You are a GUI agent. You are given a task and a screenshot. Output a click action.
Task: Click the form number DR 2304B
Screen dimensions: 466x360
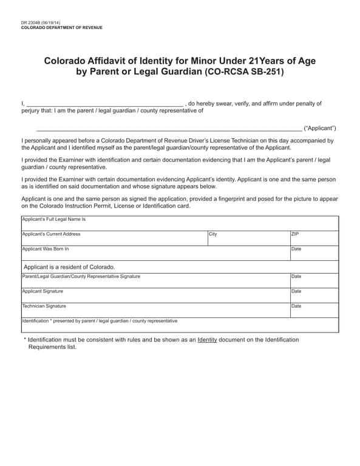coord(31,23)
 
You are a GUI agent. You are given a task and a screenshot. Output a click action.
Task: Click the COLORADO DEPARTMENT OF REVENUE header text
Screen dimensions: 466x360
coord(61,28)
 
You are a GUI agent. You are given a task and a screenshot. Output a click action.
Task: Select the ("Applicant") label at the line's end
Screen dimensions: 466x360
coord(319,129)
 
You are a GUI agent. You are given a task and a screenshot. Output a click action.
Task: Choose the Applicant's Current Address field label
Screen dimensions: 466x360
coord(51,234)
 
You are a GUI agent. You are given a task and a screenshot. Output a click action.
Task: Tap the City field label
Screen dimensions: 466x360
coord(212,234)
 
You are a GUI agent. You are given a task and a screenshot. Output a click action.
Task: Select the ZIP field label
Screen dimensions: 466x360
coord(295,234)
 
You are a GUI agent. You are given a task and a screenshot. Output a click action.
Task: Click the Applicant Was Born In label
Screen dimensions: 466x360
coord(46,249)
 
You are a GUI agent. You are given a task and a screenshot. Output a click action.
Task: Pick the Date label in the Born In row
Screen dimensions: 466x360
coord(296,249)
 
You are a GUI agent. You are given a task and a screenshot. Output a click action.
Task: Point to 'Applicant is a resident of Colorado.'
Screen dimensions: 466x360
coord(69,267)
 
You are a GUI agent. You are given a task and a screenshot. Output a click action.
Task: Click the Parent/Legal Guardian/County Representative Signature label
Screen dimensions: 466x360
coord(81,276)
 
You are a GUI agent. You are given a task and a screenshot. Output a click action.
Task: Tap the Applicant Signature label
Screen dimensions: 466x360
coord(42,291)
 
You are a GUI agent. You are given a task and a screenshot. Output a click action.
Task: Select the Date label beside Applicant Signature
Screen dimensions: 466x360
coord(296,291)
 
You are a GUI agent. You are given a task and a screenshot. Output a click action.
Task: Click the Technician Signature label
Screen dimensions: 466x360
coord(44,306)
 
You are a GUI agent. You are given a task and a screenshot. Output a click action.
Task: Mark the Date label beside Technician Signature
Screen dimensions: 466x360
coord(296,306)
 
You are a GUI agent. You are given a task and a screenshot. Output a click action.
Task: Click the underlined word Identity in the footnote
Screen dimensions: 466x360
coord(207,340)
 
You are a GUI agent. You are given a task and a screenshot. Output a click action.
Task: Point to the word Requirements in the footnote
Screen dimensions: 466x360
coord(49,348)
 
